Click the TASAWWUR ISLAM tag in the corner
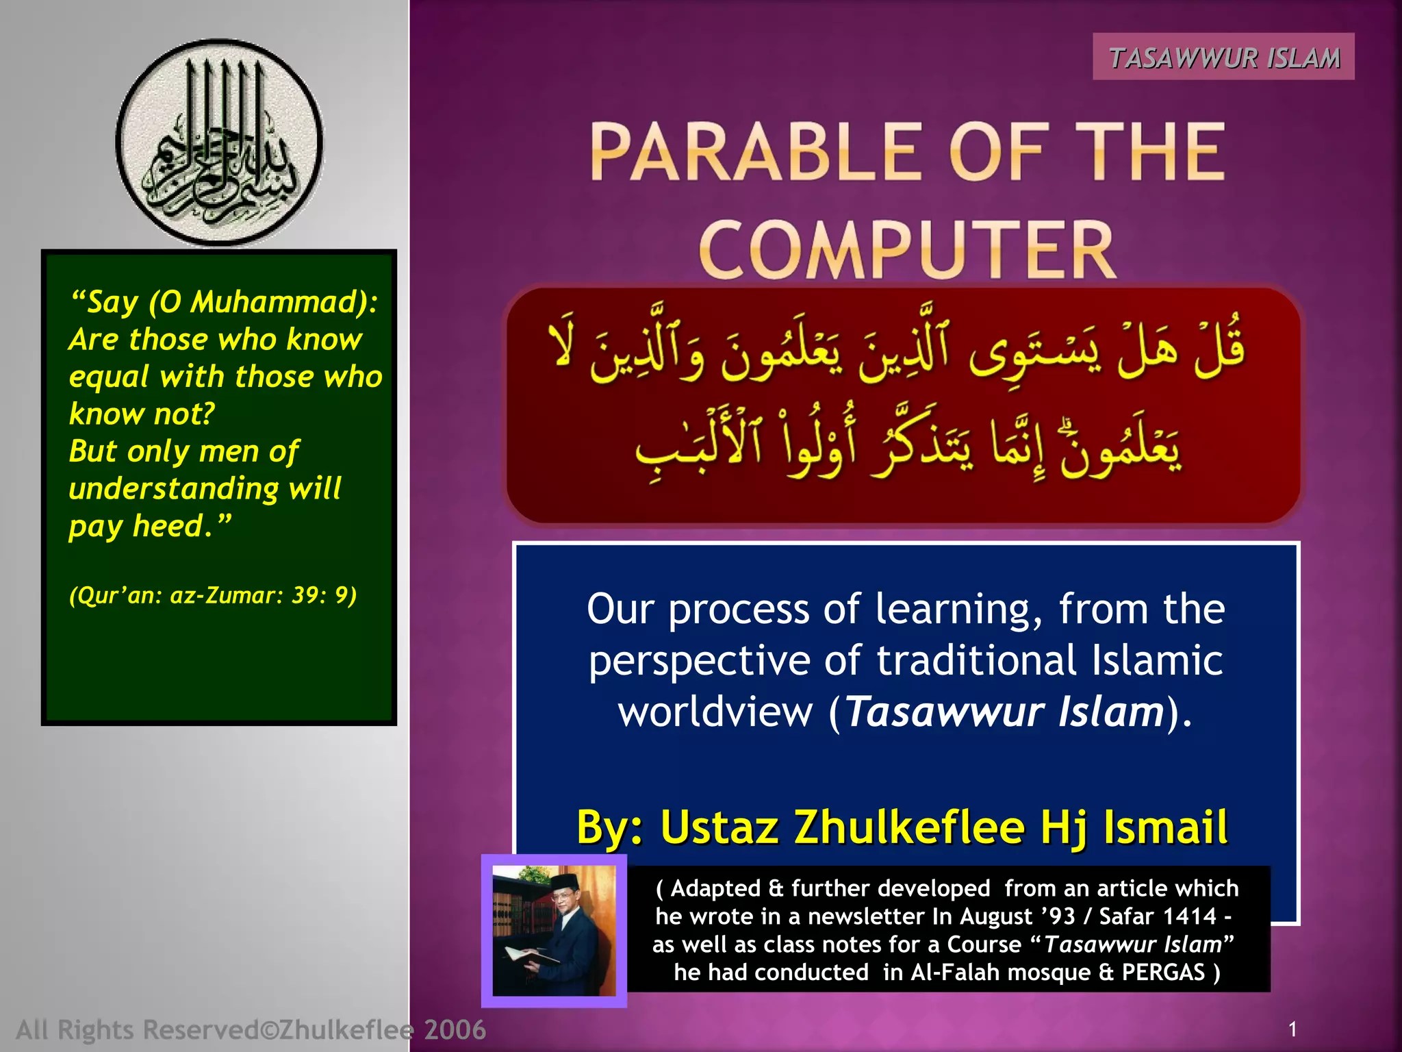coord(1223,58)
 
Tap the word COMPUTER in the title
coord(907,251)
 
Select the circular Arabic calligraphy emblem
coord(219,143)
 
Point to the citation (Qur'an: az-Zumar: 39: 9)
coord(213,595)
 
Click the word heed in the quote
coord(168,526)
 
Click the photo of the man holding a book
coord(554,930)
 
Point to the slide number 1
coord(1292,1029)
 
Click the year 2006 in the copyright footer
coord(455,1029)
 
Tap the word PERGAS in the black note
coord(1162,973)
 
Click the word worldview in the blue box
coord(715,712)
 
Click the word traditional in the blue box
coord(977,661)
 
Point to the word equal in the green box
coord(110,377)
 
